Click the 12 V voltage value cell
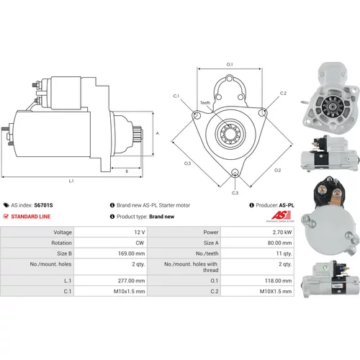tap(140, 232)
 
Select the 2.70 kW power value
tap(282, 232)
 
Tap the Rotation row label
tap(61, 243)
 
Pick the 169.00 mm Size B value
tap(131, 253)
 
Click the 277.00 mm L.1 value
tap(131, 281)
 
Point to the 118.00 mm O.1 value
tap(278, 281)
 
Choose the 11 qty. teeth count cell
tap(284, 253)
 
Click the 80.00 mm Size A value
tap(279, 243)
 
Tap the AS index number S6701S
tap(43, 205)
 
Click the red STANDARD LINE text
tap(31, 217)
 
